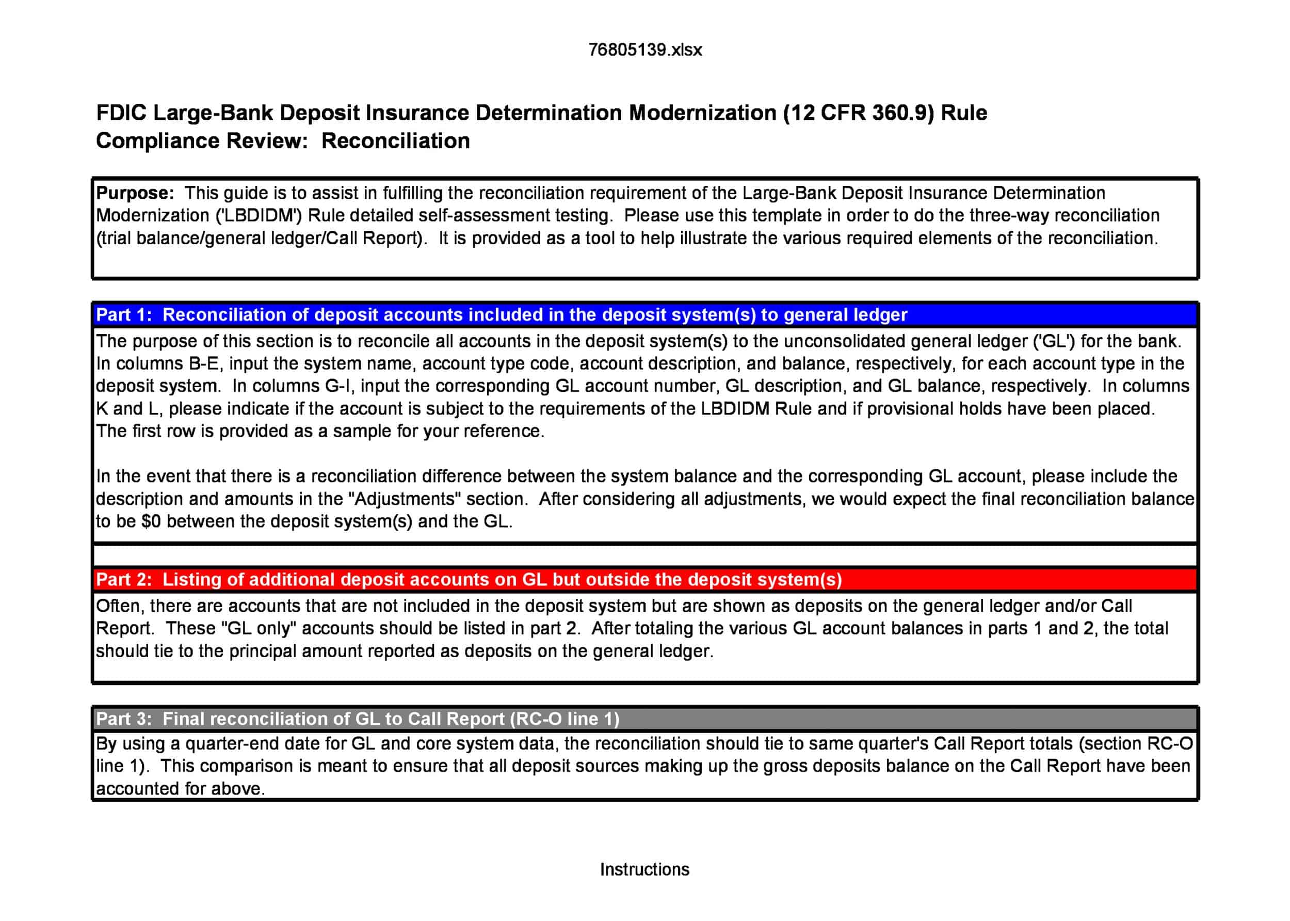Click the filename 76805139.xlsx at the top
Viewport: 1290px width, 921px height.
point(644,50)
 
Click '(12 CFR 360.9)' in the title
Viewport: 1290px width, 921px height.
point(858,113)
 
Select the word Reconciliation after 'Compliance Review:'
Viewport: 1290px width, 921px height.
point(396,140)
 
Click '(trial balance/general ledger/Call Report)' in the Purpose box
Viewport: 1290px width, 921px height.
point(262,238)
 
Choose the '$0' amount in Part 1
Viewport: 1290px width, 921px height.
point(151,522)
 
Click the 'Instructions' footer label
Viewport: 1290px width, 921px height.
point(644,869)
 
